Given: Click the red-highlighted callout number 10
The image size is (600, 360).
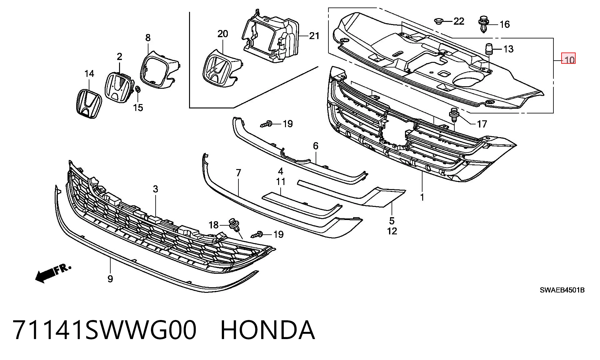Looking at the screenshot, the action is pyautogui.click(x=569, y=59).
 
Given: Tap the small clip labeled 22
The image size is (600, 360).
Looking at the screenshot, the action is pyautogui.click(x=438, y=21).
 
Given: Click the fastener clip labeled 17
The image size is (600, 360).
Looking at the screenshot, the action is pyautogui.click(x=454, y=115).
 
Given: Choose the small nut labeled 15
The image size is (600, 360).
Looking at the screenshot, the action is pyautogui.click(x=137, y=90).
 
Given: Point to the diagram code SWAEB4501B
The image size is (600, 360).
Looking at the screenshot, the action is pyautogui.click(x=562, y=290).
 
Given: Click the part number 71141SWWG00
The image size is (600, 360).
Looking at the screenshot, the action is pyautogui.click(x=105, y=330).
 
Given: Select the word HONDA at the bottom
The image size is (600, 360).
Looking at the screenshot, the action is pyautogui.click(x=268, y=330).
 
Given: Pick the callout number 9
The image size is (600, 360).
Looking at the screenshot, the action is pyautogui.click(x=110, y=279).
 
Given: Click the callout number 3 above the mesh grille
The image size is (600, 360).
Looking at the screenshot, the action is pyautogui.click(x=155, y=189).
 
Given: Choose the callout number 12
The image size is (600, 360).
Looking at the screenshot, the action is pyautogui.click(x=392, y=231).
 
